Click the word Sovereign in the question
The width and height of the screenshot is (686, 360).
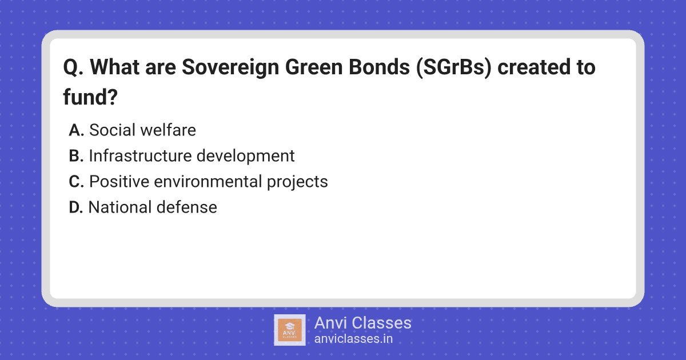click(x=230, y=67)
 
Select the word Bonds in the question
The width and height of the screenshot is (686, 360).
click(x=379, y=67)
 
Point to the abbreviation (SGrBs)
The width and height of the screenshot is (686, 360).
click(x=453, y=67)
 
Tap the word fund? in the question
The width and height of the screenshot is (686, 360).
click(x=90, y=97)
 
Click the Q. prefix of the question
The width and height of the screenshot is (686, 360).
click(x=73, y=67)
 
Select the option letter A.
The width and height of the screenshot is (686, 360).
click(x=76, y=130)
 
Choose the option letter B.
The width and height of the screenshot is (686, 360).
click(x=76, y=156)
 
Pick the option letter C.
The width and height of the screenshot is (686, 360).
click(x=76, y=182)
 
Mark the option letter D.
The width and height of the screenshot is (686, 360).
click(x=76, y=207)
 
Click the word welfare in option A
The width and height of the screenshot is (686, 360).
click(x=168, y=130)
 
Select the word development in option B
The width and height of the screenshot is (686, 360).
click(x=246, y=157)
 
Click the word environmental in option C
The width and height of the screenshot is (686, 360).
click(x=208, y=182)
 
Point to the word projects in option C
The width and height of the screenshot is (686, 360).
click(x=297, y=182)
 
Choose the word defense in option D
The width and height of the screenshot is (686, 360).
click(x=187, y=207)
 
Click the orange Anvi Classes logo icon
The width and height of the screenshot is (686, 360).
click(x=290, y=330)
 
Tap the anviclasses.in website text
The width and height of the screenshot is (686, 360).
click(x=353, y=339)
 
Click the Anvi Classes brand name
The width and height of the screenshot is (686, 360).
click(x=363, y=323)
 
